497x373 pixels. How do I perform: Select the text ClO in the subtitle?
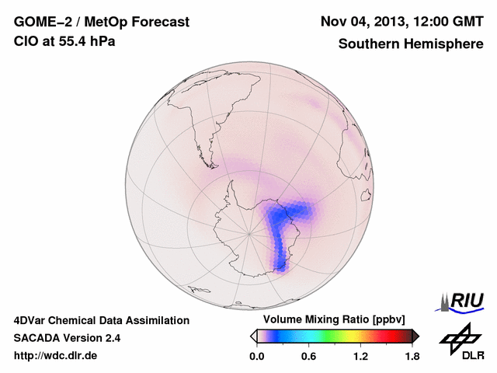click(25, 41)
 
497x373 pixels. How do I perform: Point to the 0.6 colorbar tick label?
click(308, 356)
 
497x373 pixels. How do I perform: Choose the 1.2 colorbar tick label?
click(360, 356)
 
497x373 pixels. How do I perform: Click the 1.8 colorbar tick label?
click(412, 356)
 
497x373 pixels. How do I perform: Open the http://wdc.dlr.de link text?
click(56, 356)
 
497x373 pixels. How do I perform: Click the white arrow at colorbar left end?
click(253, 336)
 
